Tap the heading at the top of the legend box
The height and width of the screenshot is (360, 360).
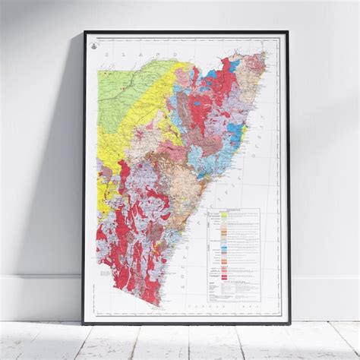coord(232,212)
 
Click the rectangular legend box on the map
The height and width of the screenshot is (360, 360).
coord(232,254)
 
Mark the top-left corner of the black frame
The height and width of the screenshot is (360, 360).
coord(84,32)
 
